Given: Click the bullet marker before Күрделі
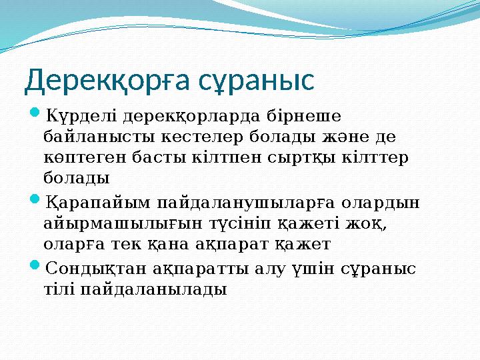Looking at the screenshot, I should [x=35, y=115].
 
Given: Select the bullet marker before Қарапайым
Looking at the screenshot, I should [x=35, y=201].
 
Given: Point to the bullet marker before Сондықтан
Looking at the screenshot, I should [x=35, y=267].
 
